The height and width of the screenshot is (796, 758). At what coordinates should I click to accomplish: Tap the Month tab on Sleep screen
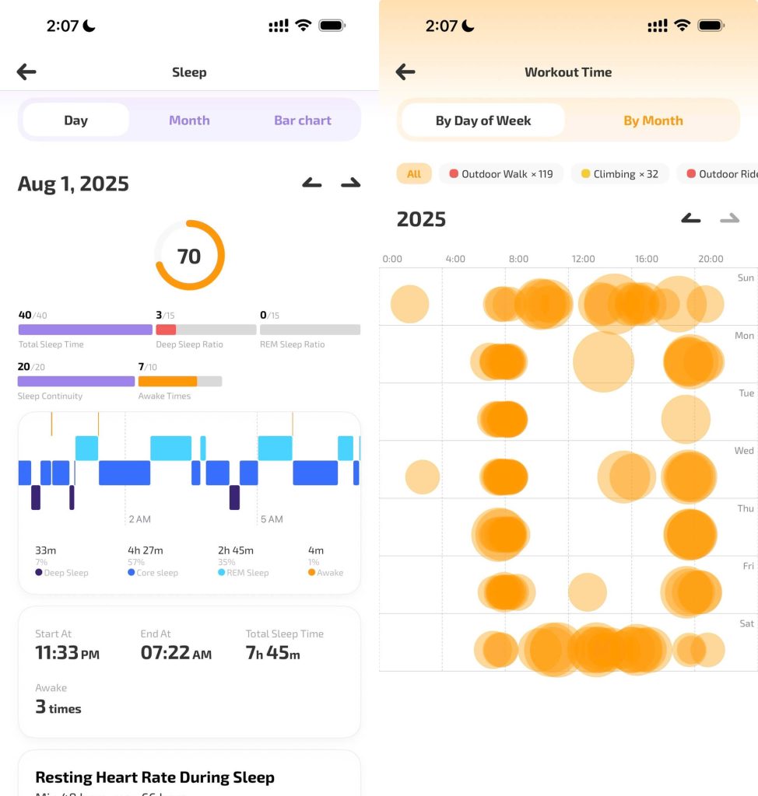189,120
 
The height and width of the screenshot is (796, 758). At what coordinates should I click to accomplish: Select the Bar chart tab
302,120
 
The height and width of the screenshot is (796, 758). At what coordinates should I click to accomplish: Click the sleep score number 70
189,256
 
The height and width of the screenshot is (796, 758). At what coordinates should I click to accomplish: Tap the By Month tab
653,120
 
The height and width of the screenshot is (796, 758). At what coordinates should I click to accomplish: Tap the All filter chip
414,174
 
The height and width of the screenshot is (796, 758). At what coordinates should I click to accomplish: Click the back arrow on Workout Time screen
405,72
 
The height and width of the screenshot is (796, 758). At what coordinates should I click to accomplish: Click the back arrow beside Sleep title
26,72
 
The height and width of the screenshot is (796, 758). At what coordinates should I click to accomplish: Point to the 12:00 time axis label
583,259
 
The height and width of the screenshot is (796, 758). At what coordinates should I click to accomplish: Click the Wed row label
744,451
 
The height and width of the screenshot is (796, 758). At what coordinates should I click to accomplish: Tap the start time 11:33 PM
67,653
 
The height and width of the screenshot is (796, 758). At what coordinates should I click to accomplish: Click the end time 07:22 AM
176,653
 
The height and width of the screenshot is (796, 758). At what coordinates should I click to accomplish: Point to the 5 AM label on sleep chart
272,519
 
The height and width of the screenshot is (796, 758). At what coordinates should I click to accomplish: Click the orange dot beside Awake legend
312,573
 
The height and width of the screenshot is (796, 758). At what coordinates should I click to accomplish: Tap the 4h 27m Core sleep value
146,550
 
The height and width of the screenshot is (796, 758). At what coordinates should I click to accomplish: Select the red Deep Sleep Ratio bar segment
166,330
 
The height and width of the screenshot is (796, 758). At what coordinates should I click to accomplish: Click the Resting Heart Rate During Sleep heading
155,777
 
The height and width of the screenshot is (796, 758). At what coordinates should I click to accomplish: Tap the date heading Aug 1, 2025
73,184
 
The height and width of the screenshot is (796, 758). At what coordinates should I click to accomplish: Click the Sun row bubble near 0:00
409,304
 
